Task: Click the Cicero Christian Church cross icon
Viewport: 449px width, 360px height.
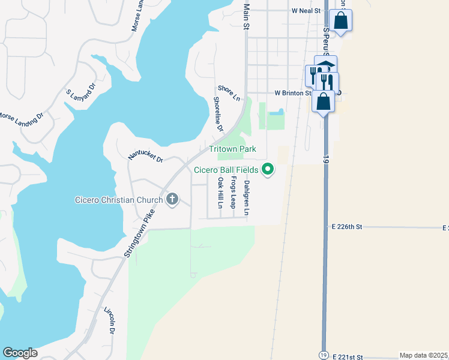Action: click(172, 200)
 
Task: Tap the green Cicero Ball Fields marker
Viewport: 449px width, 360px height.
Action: click(268, 170)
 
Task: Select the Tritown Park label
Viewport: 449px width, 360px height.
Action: click(232, 149)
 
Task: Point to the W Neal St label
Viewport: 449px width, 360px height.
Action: click(307, 11)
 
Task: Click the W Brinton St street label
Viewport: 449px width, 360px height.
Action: click(294, 93)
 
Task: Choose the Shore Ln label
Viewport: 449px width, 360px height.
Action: click(229, 92)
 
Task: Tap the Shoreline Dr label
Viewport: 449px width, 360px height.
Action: click(218, 115)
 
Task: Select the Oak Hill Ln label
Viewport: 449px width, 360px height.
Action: click(220, 192)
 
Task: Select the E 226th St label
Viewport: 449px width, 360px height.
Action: click(348, 227)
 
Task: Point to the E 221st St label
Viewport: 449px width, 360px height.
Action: click(348, 357)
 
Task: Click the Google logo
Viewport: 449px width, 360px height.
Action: click(20, 353)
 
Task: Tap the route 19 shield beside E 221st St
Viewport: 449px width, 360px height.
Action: click(324, 355)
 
